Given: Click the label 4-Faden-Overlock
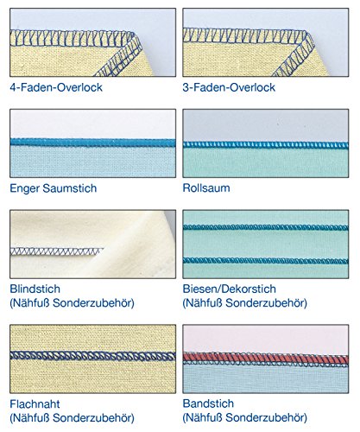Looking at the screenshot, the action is [56, 87].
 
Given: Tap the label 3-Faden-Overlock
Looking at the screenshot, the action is [229, 87].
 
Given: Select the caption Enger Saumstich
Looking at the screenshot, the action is [54, 188].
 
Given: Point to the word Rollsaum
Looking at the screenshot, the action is [206, 187].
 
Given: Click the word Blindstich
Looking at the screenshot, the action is [35, 289].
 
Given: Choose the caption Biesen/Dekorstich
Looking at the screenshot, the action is [230, 289].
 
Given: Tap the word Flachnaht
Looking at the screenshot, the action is [35, 403].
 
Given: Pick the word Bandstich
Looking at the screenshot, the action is [208, 403].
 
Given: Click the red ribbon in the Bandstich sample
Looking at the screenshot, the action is [265, 359].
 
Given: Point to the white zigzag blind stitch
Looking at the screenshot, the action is [57, 251].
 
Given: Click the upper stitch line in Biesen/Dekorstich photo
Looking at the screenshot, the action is [265, 227].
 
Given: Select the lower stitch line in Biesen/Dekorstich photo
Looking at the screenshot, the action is [265, 261].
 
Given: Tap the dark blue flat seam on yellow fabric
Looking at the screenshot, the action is [92, 356].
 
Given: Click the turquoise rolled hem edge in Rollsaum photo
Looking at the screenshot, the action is [265, 145].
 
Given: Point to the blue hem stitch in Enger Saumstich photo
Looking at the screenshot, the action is [92, 143].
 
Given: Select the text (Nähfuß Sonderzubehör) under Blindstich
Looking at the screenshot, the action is [72, 303].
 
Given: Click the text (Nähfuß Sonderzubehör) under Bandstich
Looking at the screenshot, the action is [245, 417].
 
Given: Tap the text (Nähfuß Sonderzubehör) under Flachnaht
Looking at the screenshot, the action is [72, 417].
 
